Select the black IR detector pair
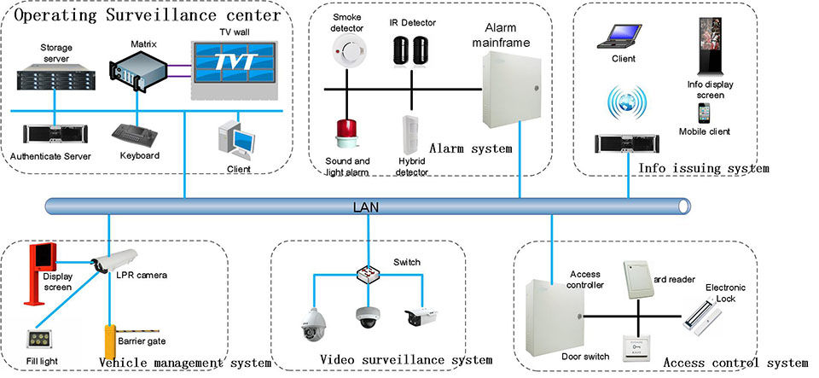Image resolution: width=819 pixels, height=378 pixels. pyautogui.click(x=412, y=51)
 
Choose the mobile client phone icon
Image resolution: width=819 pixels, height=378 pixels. pyautogui.click(x=704, y=113)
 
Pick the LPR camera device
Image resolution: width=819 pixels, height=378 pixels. pyautogui.click(x=114, y=259)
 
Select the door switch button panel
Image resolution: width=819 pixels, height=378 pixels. pyautogui.click(x=645, y=345)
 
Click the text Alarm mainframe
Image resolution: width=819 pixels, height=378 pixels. pyautogui.click(x=508, y=34)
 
